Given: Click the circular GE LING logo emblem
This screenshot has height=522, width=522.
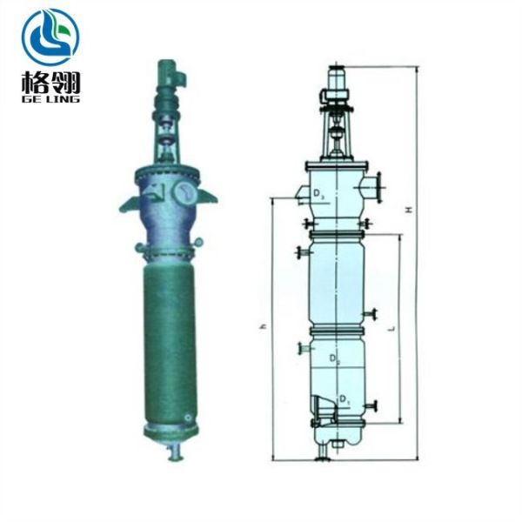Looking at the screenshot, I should click(x=50, y=37).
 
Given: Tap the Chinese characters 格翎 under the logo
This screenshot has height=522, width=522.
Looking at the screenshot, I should click(x=50, y=84).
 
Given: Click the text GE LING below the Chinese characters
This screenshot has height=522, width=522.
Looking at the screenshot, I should click(x=50, y=99).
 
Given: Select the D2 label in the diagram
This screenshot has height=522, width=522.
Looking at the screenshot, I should click(x=336, y=358).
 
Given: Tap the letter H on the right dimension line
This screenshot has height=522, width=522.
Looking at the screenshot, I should click(x=407, y=211).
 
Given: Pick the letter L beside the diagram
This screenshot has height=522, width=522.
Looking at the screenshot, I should click(x=394, y=329).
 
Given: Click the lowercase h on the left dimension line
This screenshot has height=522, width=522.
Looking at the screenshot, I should click(x=263, y=326).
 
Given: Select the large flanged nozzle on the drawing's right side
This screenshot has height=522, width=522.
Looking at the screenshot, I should click(x=377, y=185).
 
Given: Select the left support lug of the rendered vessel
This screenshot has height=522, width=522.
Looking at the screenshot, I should click(x=126, y=203).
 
